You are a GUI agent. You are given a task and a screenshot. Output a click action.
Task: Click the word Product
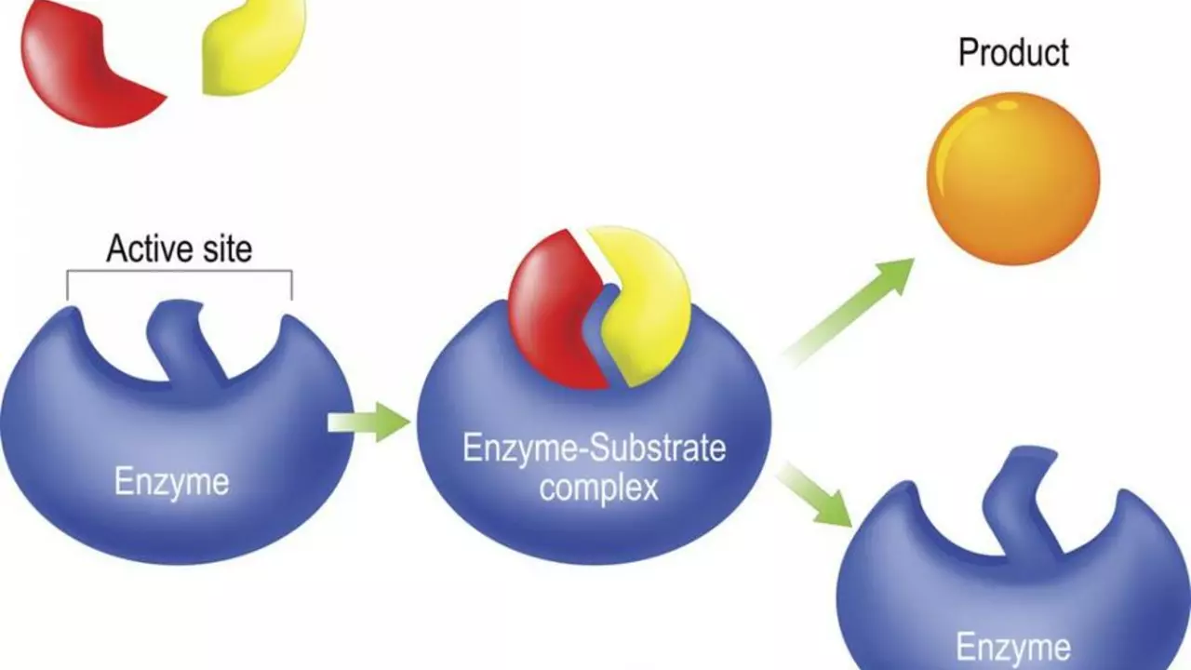point(1013,53)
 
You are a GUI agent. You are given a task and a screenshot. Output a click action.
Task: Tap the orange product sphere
point(1013,179)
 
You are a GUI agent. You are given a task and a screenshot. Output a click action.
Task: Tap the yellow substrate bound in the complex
point(646,306)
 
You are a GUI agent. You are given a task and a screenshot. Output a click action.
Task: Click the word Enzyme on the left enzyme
point(172,481)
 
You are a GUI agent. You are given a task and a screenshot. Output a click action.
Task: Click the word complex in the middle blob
point(598,489)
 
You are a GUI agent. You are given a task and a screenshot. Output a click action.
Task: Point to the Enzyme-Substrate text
point(595,448)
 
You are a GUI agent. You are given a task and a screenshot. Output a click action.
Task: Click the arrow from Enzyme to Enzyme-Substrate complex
point(368,422)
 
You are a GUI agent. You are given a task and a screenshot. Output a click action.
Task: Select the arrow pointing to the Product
point(848,313)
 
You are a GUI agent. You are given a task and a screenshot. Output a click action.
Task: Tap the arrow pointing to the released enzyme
point(814,496)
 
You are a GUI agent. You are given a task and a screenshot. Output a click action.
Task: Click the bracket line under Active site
point(180,271)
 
